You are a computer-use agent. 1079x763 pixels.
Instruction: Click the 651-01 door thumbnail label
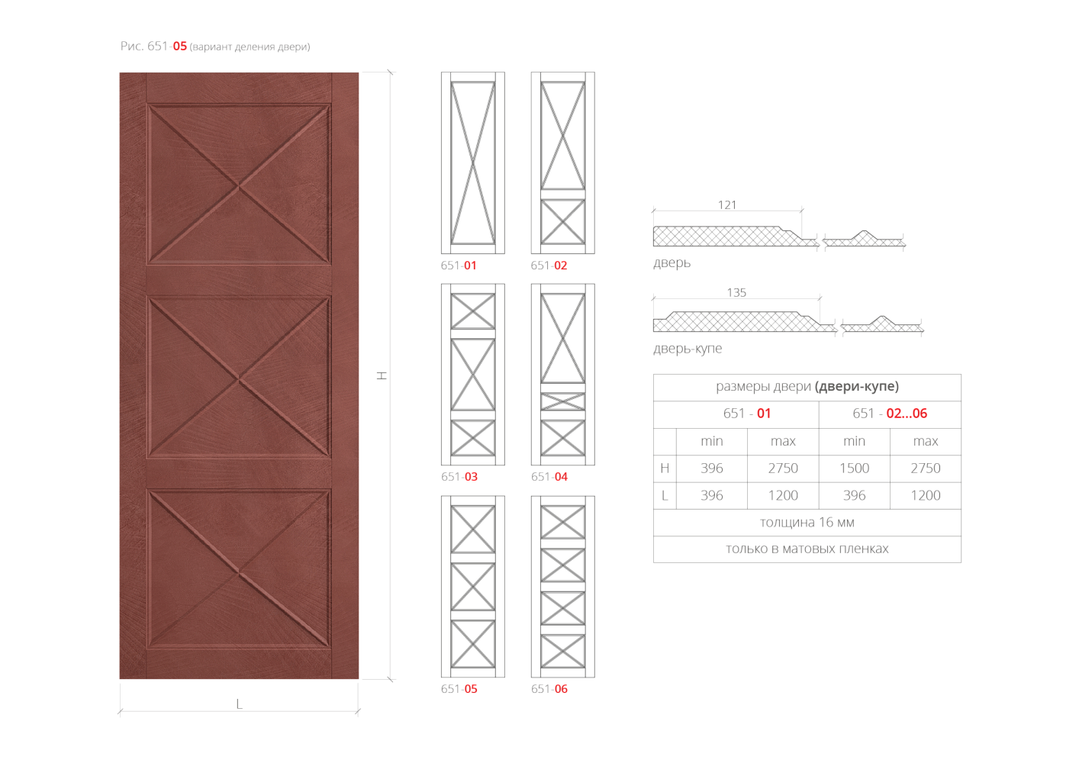pos(459,266)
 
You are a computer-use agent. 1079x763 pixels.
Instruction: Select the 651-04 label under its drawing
pos(549,477)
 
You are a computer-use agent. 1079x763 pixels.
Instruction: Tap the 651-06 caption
pos(549,689)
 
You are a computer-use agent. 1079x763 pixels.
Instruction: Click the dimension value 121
pos(727,205)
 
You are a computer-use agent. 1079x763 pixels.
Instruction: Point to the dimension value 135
pos(736,292)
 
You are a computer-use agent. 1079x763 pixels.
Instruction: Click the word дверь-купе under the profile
pos(688,348)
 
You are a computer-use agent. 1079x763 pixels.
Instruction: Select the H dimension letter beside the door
pos(382,375)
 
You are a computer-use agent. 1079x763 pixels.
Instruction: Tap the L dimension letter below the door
pos(239,704)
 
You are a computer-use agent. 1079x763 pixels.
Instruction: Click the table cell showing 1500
pos(854,468)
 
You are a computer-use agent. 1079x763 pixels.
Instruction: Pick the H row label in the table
pos(665,468)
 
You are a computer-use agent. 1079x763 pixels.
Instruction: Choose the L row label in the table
pos(665,495)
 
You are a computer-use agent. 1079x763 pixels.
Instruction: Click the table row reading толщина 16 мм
pos(807,523)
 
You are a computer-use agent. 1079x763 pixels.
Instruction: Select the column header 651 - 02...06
pos(890,414)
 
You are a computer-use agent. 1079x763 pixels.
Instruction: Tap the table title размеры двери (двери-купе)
pos(807,386)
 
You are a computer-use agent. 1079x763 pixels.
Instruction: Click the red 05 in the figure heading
pos(179,47)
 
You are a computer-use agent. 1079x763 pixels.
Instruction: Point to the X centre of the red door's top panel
pos(238,186)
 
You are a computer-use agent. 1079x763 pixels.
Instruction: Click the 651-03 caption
pos(459,477)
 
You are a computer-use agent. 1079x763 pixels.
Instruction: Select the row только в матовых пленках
pos(807,549)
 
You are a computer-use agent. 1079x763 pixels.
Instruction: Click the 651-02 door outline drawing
pos(562,163)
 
